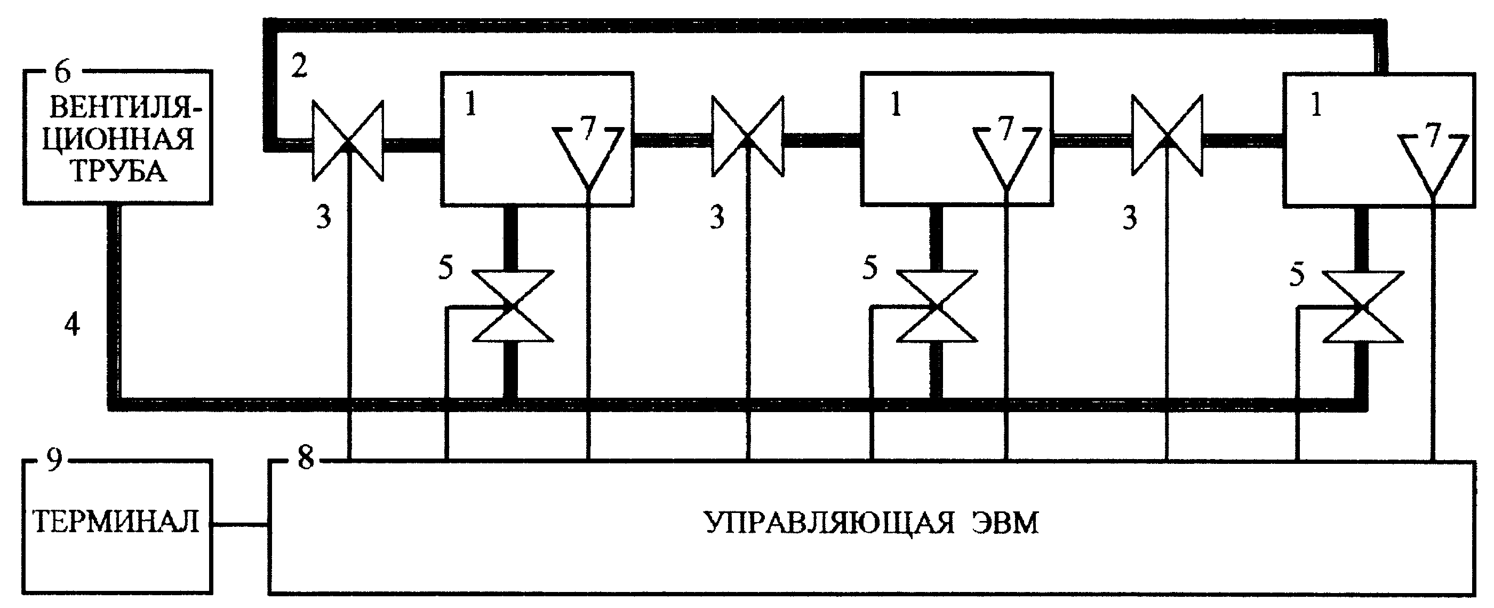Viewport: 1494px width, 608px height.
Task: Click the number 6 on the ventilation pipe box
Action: [x=62, y=72]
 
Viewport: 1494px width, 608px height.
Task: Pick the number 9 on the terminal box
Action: [x=54, y=461]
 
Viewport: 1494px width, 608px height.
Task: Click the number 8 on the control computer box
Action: [x=306, y=458]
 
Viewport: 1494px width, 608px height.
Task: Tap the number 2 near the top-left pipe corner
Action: [x=299, y=67]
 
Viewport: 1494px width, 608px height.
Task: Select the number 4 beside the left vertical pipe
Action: [x=72, y=325]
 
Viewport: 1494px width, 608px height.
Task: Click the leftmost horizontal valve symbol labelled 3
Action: [x=348, y=140]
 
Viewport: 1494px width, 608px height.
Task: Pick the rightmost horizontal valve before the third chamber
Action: [x=1167, y=136]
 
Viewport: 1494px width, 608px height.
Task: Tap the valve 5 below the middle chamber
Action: [x=936, y=306]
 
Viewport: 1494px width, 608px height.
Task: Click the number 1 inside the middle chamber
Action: [x=896, y=105]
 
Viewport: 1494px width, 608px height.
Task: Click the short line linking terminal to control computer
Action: [x=240, y=526]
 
